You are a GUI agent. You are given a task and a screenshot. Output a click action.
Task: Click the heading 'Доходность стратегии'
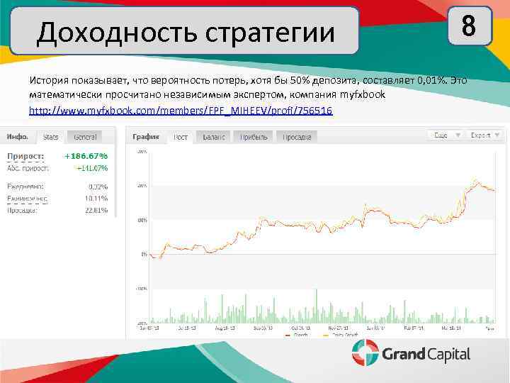pos(185,31)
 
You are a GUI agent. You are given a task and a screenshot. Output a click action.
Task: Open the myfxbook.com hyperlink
pos(180,112)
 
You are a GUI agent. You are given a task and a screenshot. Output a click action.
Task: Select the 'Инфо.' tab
pos(19,136)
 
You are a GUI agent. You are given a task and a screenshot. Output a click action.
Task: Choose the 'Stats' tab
pos(50,136)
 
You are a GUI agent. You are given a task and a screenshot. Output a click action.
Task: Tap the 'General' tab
pos(86,136)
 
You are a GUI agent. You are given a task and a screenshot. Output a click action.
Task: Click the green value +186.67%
pos(86,156)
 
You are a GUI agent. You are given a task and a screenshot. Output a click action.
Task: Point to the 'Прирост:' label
pos(25,156)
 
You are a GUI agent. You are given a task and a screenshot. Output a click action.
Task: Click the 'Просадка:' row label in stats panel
pos(26,210)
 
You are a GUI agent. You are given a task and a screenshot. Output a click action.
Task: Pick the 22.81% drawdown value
pos(96,210)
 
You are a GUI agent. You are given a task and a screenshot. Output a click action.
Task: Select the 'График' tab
pos(147,136)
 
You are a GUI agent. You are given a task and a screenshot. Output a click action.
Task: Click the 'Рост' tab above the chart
pos(181,136)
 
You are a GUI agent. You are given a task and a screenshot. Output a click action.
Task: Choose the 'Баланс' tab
pos(214,136)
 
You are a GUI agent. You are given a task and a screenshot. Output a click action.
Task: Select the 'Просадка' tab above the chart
pos(297,136)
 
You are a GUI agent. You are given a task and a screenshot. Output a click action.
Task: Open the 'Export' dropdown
pos(484,134)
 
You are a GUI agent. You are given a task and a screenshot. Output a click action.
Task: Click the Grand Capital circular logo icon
pos(365,353)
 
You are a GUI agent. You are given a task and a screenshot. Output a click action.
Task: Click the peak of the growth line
pos(476,179)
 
